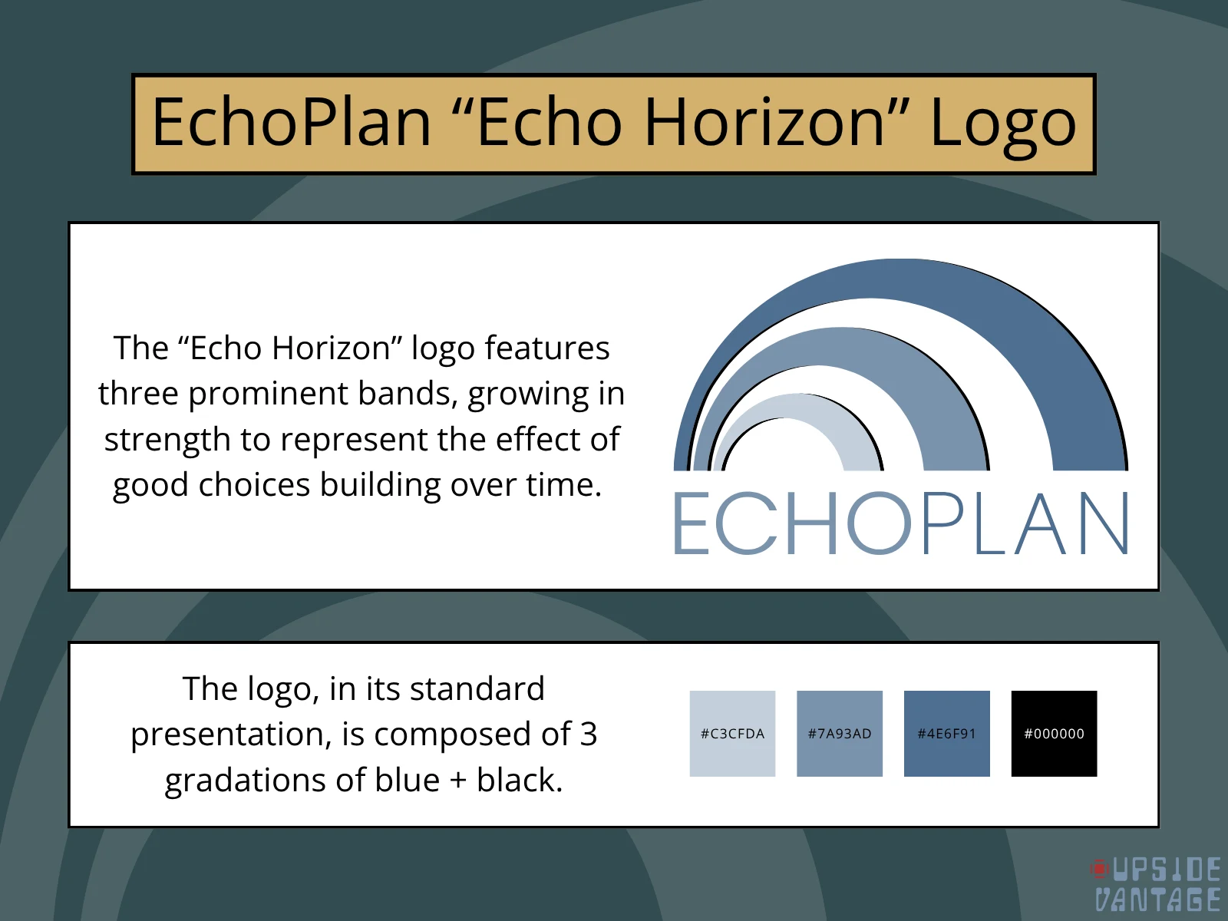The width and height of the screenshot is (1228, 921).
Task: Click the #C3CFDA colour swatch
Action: click(732, 733)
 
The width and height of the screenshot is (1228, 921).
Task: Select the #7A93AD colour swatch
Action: click(840, 733)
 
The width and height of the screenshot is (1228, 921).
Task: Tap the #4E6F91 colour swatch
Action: click(946, 733)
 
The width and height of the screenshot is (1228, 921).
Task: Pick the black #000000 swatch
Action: click(1054, 733)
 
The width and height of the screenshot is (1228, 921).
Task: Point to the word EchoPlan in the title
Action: click(291, 121)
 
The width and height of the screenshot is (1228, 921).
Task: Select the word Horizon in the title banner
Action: click(764, 121)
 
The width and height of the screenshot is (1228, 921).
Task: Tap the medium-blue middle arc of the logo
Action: click(839, 345)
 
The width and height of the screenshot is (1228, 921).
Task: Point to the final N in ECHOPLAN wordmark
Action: click(1104, 523)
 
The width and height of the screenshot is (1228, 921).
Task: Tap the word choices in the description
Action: click(254, 484)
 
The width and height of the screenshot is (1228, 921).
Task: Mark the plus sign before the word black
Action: click(457, 781)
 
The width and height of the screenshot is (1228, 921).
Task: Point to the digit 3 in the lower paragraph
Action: click(589, 734)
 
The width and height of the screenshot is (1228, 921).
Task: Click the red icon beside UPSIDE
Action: click(1099, 869)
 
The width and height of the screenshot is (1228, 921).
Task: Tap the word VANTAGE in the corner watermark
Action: click(1157, 900)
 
